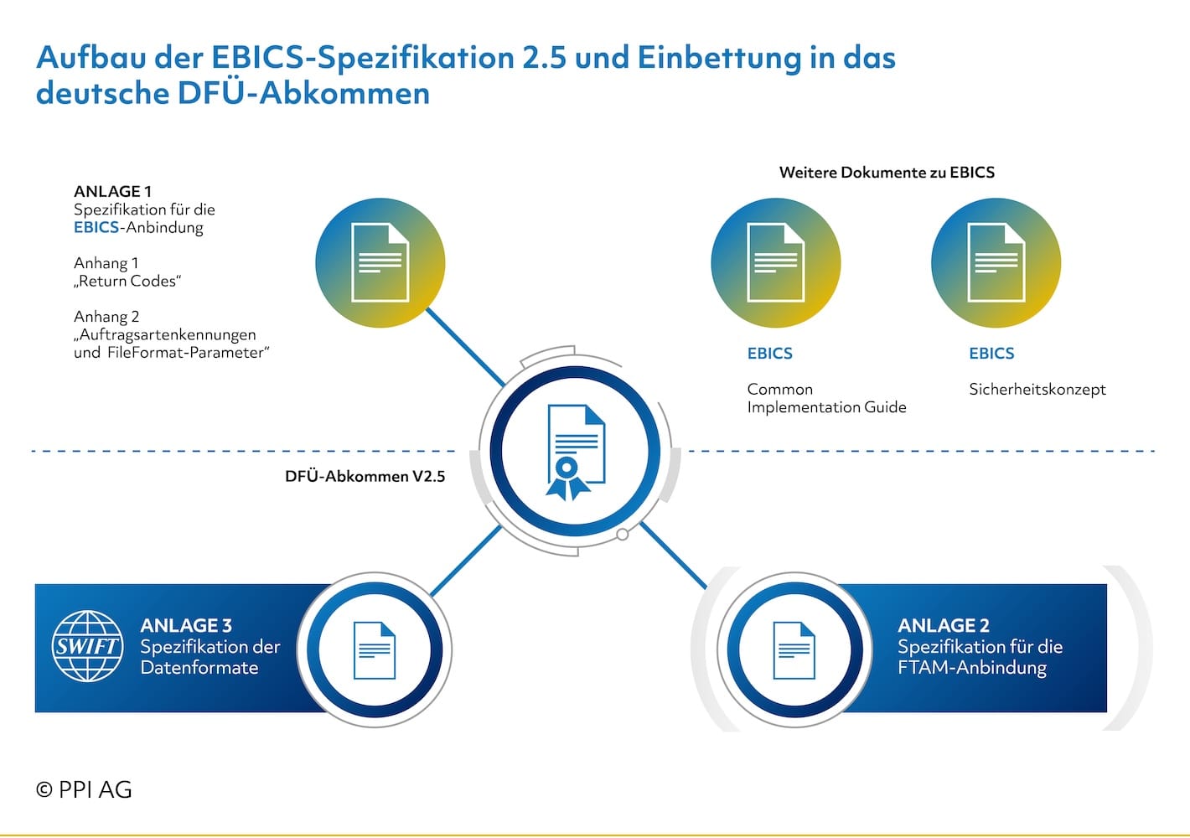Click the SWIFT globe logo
pos(88,645)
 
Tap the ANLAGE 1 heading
pos(112,191)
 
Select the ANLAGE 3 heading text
pos(186,625)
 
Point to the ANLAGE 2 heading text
pos(944,625)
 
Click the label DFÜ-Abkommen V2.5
pos(365,476)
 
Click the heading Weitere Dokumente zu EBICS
pos(887,172)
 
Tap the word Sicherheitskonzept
pos(1037,390)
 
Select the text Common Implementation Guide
pos(826,398)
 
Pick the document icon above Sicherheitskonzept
pos(996,262)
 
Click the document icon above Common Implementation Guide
pos(776,262)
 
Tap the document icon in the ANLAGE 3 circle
pos(375,650)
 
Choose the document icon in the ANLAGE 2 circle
pos(794,650)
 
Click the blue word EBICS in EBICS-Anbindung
pos(96,227)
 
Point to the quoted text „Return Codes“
pos(127,281)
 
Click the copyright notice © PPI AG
pos(84,789)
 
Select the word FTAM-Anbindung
pos(972,667)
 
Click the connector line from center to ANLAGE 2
pos(673,556)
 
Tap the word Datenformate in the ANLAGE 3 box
pos(199,667)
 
